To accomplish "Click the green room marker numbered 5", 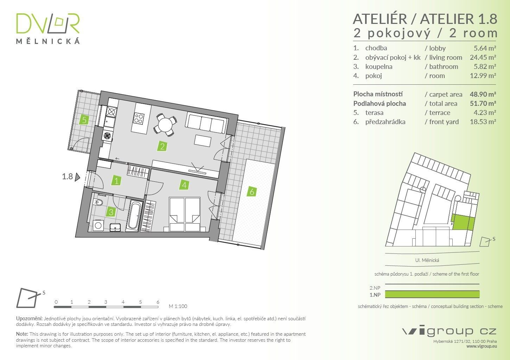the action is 84,120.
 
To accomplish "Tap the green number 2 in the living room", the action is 162,146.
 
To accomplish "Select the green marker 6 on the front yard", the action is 252,192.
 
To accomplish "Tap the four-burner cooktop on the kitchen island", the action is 139,118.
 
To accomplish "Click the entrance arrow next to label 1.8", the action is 77,177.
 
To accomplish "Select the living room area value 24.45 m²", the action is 483,57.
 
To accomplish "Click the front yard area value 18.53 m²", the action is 483,122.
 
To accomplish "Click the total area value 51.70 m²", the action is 483,104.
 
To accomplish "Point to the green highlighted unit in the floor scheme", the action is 463,222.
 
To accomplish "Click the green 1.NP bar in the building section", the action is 432,294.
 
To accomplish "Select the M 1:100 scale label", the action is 178,306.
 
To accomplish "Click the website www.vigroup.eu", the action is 482,346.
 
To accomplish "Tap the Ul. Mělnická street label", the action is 427,260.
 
